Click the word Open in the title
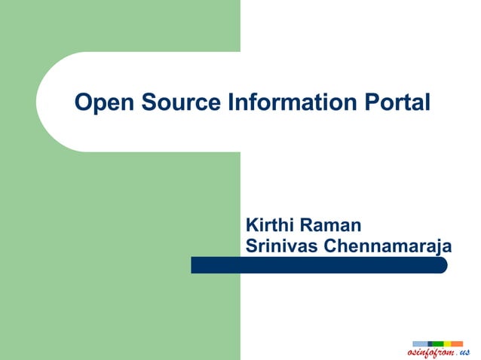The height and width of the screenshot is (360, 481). (x=97, y=102)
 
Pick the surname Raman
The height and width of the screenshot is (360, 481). (x=331, y=224)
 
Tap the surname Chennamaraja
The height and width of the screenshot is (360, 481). (x=388, y=246)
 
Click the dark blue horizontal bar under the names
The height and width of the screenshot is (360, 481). (x=317, y=265)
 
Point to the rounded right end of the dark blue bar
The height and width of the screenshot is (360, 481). (x=443, y=265)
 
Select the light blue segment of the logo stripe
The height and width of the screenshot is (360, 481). (x=419, y=343)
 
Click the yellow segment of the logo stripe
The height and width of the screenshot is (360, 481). (x=447, y=343)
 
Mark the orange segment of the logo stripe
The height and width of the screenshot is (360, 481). (x=457, y=343)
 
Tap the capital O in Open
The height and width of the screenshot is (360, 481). (x=82, y=102)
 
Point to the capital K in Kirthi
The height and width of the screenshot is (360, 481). (x=253, y=224)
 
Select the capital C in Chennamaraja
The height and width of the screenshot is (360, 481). (x=330, y=246)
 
